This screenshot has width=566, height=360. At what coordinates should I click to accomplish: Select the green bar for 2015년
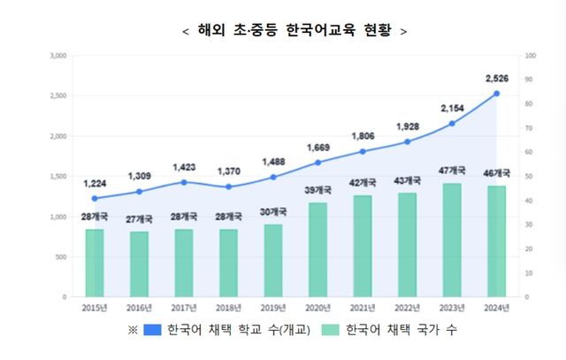95,263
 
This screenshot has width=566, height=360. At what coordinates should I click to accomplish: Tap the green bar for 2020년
318,249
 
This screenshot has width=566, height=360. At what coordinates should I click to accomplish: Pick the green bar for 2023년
452,240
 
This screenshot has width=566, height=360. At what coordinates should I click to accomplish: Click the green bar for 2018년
228,263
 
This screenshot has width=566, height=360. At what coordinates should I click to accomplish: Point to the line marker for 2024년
496,94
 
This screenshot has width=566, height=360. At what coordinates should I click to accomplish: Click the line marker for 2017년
184,182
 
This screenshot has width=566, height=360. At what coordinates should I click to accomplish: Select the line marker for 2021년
363,151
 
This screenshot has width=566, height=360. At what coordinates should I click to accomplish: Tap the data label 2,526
496,79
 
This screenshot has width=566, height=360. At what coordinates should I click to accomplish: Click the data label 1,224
95,183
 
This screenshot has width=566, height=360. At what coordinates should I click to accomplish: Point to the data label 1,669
318,147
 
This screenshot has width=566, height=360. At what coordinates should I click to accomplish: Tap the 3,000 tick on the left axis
59,56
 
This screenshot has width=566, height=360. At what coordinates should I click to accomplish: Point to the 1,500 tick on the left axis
59,177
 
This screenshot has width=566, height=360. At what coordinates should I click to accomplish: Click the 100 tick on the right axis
530,56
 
